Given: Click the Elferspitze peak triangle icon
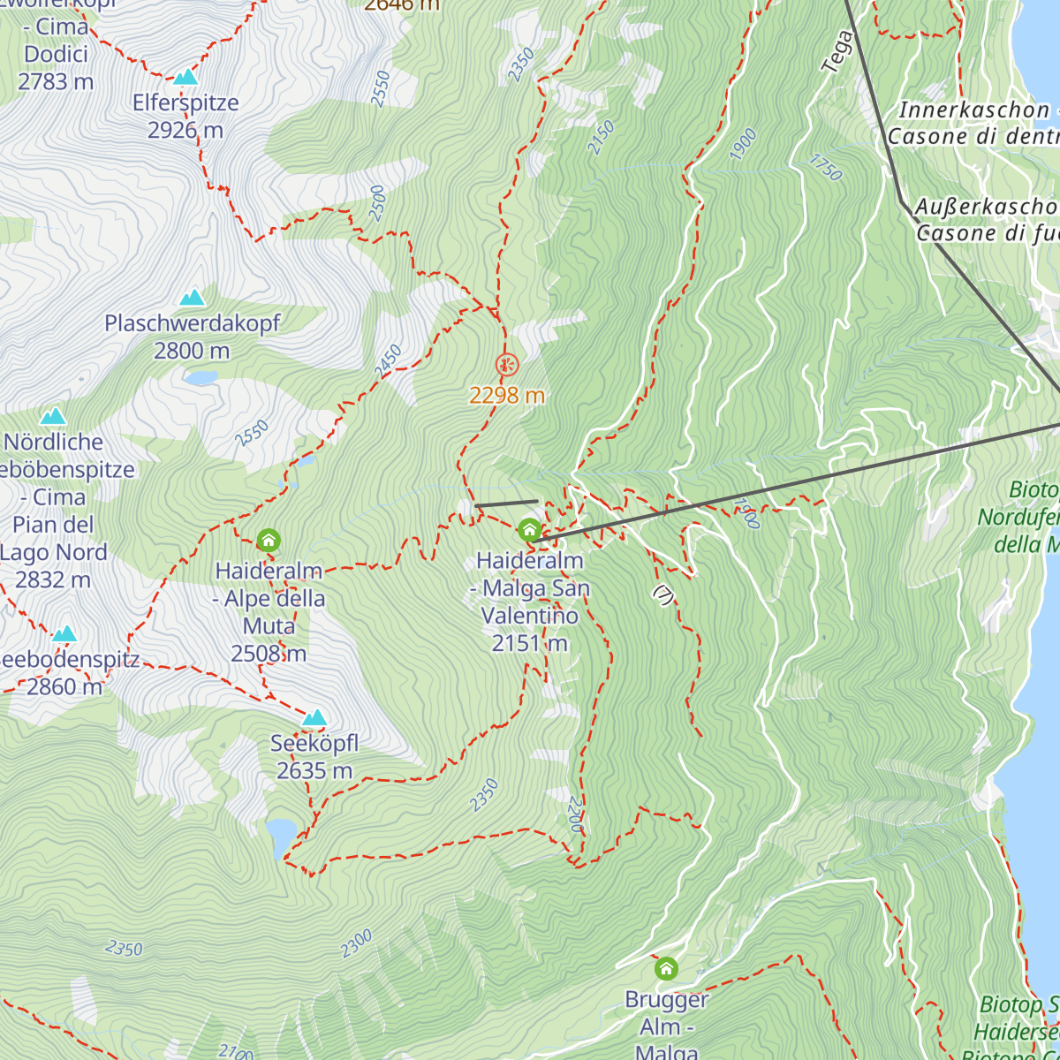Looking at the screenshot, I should coord(185,78).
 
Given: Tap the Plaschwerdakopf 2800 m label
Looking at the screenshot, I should coord(192,337).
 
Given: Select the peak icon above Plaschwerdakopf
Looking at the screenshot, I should coord(192,298).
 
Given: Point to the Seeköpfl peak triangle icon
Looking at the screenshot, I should coord(314,717).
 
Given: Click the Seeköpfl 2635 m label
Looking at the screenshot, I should coord(314,757).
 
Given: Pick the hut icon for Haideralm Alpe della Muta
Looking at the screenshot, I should coord(269,540).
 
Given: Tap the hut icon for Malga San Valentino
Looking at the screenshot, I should coord(529,530).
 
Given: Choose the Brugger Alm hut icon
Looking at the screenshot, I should coord(666,969).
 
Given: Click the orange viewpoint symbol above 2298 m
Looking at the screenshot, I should coord(507,364).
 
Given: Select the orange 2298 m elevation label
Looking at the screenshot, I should coord(507,396).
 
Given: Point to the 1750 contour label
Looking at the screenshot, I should coord(825,167).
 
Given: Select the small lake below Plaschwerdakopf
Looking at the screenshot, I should coord(201,378).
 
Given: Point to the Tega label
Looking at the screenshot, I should coord(837,51).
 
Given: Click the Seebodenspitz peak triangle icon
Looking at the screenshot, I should coord(64,634).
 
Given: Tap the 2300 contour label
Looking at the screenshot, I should coord(357,943).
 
